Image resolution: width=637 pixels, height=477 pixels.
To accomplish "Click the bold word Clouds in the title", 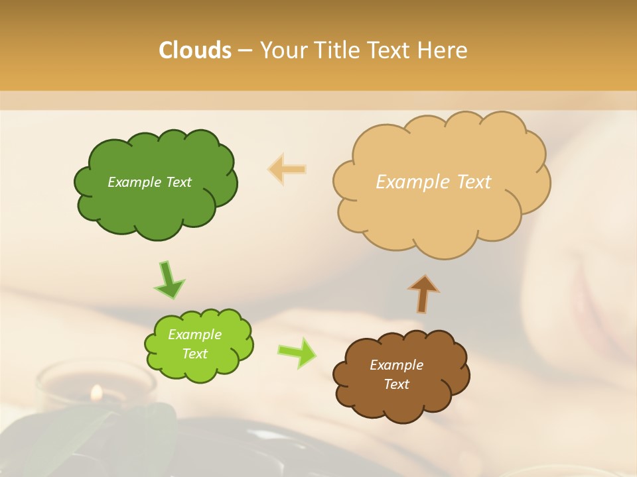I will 194,50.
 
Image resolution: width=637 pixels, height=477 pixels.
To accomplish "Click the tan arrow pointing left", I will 287,170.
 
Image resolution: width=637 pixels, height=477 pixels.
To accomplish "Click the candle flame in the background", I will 97,394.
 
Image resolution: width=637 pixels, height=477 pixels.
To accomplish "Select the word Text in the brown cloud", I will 396,384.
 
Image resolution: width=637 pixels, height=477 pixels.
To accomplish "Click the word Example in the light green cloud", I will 194,335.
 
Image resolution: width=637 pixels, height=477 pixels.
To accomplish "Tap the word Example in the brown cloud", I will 396,365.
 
